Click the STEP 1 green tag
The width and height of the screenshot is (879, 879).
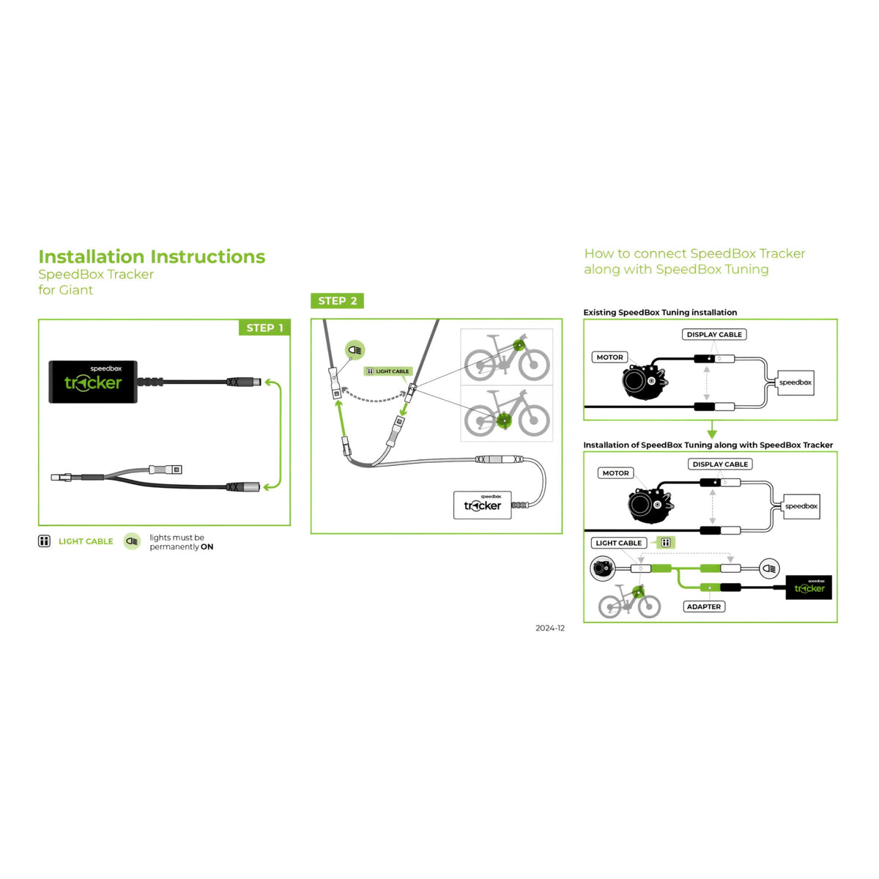264,327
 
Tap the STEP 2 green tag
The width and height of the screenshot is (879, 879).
337,300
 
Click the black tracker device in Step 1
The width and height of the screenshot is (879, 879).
93,382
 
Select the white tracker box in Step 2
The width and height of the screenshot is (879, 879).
483,505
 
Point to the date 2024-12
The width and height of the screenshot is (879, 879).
549,628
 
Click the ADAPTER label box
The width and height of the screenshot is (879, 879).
704,607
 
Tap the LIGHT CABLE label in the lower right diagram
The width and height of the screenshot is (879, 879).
618,543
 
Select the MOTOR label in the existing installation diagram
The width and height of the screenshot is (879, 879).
609,357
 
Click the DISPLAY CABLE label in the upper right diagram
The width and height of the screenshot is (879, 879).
714,334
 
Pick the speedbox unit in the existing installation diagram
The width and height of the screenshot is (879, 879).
795,382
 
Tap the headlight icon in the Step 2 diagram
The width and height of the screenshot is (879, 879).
355,350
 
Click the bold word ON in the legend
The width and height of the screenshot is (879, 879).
207,547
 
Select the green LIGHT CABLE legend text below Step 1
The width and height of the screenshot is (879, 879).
86,541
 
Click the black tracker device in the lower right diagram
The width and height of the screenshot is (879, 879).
809,587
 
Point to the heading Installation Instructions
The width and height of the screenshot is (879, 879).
152,257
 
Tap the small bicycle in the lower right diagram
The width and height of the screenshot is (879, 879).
629,601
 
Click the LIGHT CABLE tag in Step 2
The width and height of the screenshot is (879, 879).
388,371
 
